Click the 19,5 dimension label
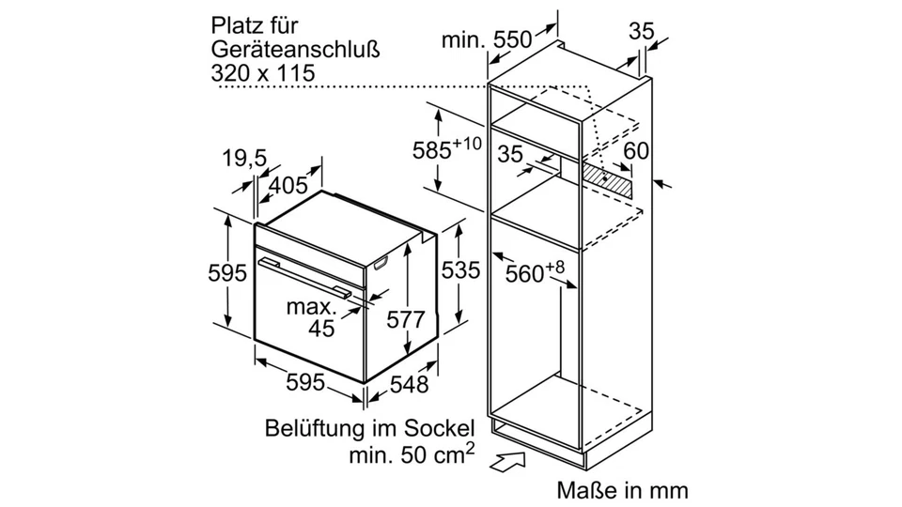[x=242, y=158]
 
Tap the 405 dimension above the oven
[x=288, y=186]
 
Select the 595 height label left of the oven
[x=227, y=272]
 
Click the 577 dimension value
[x=405, y=318]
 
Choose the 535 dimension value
[x=460, y=270]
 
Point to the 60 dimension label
[x=636, y=151]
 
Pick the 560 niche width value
[x=525, y=273]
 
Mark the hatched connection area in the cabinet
[x=606, y=179]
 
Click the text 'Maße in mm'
[x=622, y=490]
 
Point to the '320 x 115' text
[x=262, y=72]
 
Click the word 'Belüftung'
[x=311, y=430]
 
